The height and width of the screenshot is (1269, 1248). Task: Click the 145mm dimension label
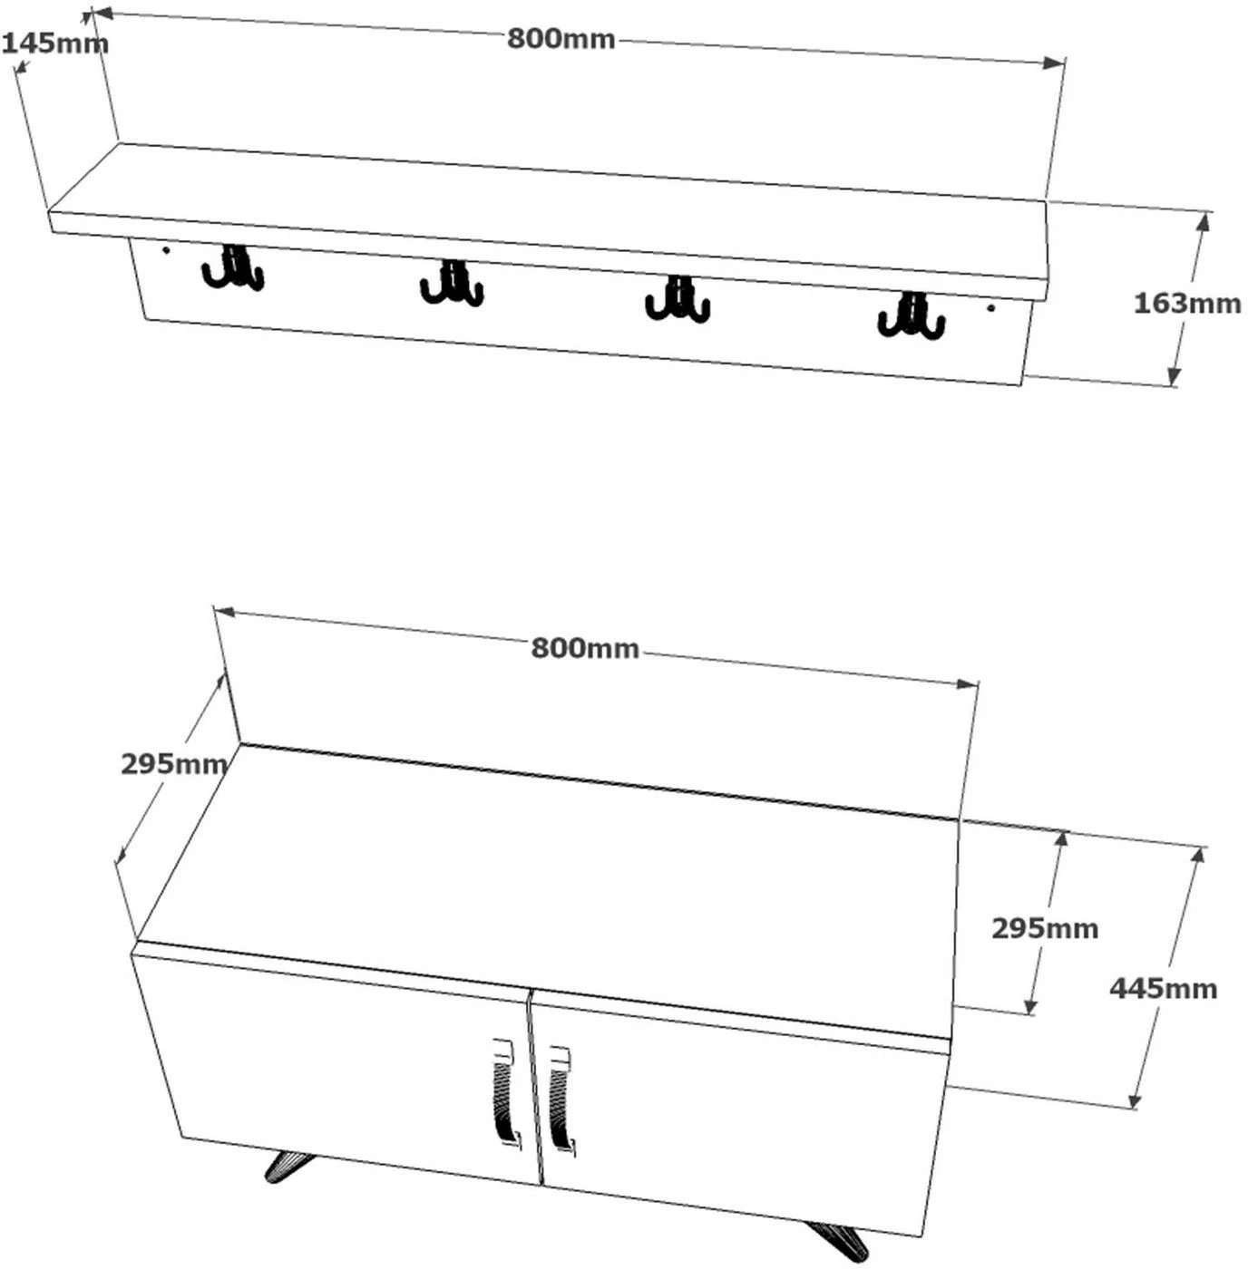coord(55,44)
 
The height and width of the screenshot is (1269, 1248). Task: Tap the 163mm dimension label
coord(1186,303)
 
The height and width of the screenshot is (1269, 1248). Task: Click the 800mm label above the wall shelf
coord(561,39)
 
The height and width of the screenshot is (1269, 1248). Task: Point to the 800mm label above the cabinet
coord(585,649)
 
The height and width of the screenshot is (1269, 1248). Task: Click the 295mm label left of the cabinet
coord(174,764)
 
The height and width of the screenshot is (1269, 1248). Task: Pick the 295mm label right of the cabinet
coord(1045,928)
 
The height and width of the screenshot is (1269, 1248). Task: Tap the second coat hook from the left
coord(452,282)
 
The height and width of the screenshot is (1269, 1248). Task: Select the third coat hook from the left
coord(678,299)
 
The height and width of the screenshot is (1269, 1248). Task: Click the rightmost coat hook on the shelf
coord(912,316)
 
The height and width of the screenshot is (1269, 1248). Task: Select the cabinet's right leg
coord(835,1239)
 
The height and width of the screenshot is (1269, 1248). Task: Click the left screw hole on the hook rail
coord(165,249)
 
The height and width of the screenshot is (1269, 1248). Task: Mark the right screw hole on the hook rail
coord(990,307)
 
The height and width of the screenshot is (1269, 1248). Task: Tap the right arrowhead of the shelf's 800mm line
coord(1054,63)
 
